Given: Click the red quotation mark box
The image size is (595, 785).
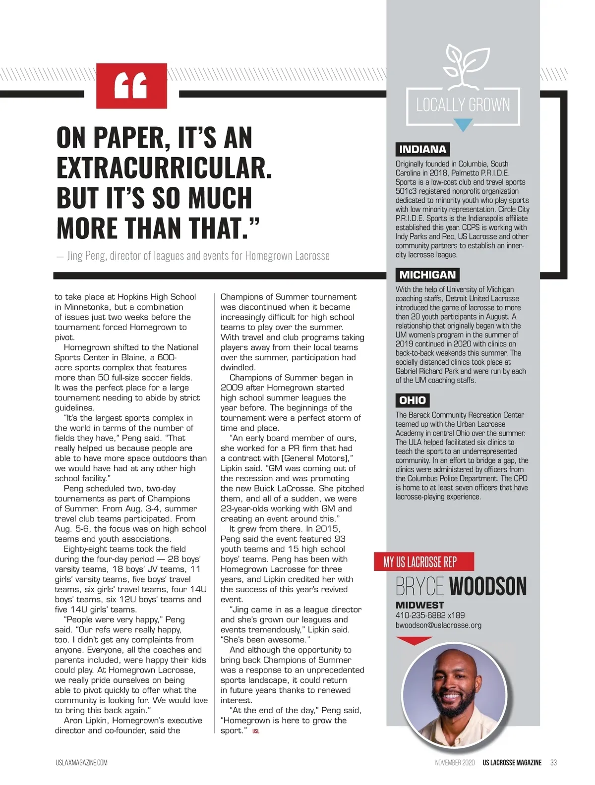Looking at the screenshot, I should click(131, 85).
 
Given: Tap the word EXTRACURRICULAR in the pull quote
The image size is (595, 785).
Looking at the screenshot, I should click(164, 168).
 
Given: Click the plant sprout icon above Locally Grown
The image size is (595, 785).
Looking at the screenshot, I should click(463, 64).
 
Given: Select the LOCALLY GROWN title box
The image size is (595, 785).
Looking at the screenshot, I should click(463, 105).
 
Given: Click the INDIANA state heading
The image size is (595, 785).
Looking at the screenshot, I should click(422, 149).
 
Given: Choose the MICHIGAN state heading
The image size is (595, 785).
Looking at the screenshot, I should click(427, 275).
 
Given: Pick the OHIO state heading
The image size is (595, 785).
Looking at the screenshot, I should click(413, 400).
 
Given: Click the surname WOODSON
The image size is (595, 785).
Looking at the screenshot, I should click(488, 586).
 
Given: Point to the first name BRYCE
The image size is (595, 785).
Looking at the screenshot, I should click(419, 586).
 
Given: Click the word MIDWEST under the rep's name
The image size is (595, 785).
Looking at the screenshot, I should click(419, 605).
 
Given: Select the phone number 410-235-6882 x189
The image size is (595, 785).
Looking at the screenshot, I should click(430, 616).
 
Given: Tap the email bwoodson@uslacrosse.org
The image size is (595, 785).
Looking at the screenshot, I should click(438, 625).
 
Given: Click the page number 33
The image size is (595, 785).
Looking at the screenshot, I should click(553, 762).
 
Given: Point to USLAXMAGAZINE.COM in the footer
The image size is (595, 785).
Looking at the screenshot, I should click(81, 762).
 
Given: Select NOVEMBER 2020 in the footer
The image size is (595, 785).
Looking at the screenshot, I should click(455, 762).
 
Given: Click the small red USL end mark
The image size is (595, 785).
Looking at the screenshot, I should click(255, 731).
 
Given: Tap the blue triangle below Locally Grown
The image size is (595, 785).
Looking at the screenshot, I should click(463, 125).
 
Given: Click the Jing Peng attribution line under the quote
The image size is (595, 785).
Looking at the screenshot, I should click(193, 256).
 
